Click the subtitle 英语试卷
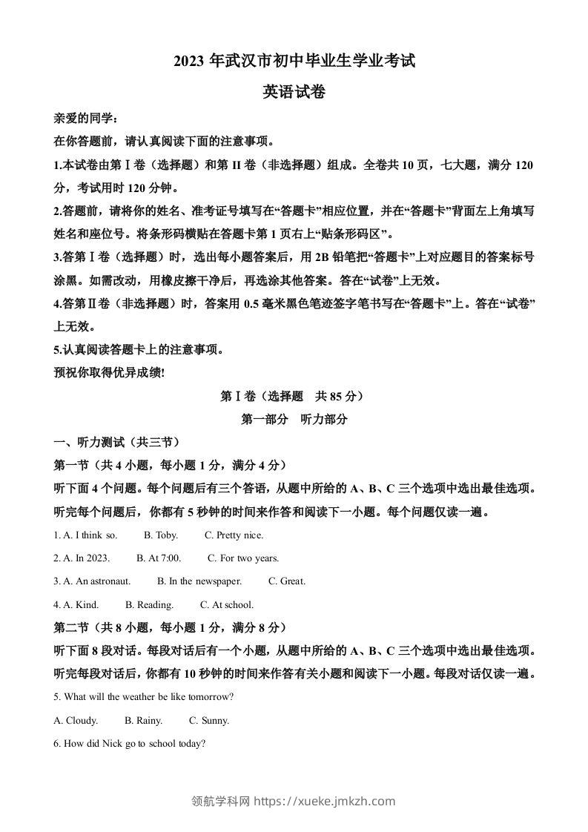[x=294, y=92]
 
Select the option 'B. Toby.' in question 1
[x=161, y=535]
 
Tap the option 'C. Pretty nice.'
[x=234, y=535]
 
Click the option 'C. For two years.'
[x=243, y=558]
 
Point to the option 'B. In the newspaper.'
[x=199, y=581]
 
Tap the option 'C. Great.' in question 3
[x=287, y=581]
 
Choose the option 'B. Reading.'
[x=150, y=604]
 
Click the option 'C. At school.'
[x=227, y=604]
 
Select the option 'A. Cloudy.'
[x=76, y=720]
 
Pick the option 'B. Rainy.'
[x=144, y=720]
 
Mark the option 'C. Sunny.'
[x=209, y=720]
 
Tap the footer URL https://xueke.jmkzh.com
[x=325, y=801]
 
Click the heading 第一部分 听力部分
[x=294, y=419]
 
